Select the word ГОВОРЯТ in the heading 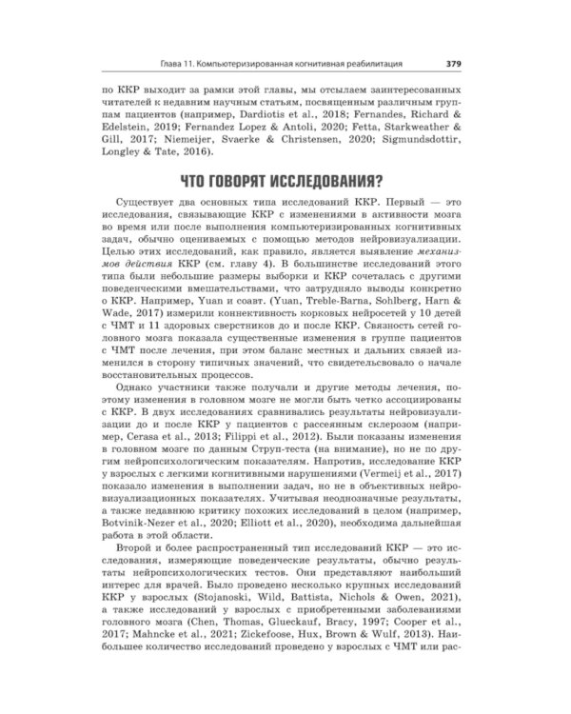tap(240, 180)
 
